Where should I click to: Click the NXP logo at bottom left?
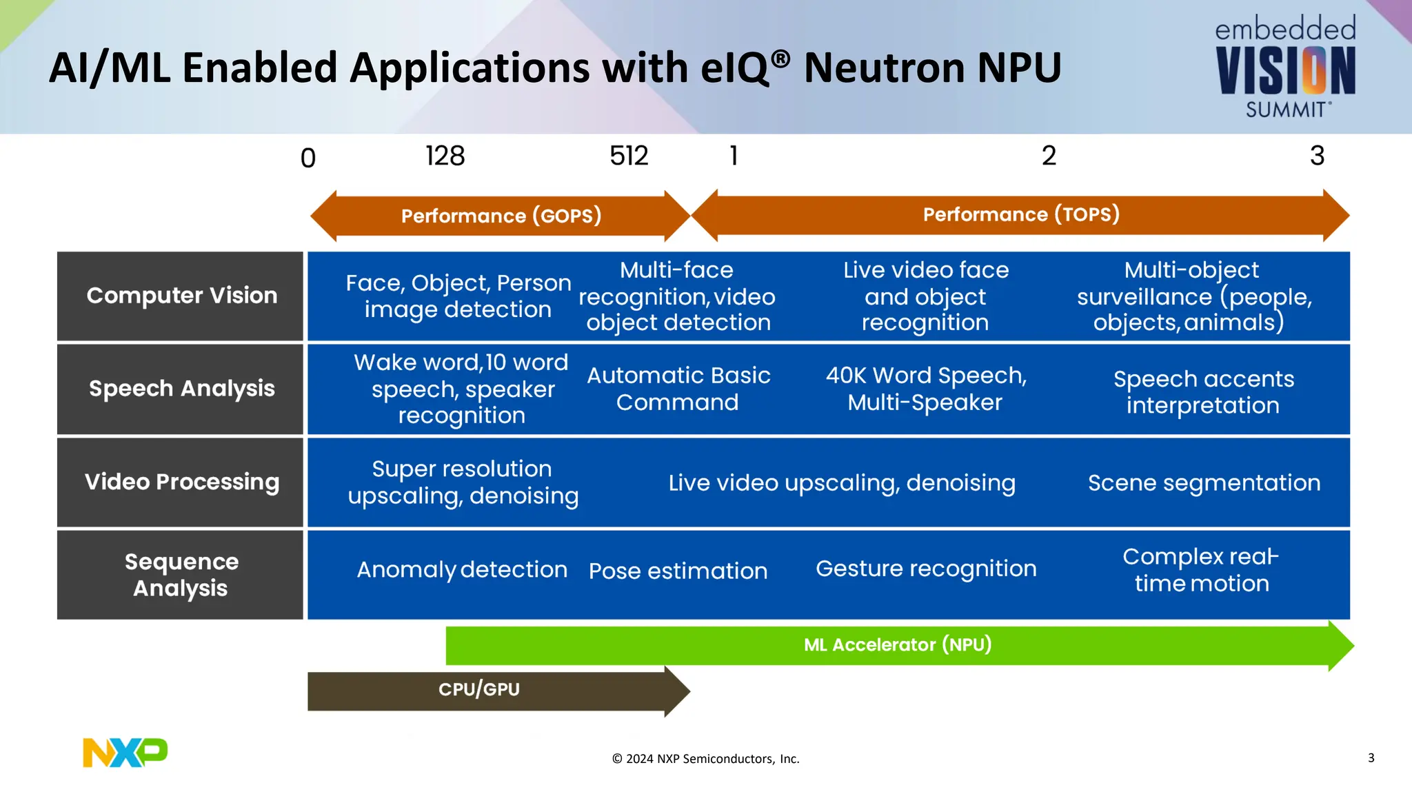coord(125,752)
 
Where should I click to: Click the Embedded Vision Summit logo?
coord(1285,68)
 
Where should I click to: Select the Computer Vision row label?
coord(181,296)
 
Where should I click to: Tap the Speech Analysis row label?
coord(181,389)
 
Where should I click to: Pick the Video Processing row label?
coord(181,482)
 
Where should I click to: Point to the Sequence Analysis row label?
coord(181,574)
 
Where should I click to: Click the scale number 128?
coord(445,156)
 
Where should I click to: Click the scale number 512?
coord(629,156)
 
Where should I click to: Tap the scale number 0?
coord(308,159)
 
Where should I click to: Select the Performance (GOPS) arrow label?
coord(501,216)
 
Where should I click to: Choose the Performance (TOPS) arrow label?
coord(1021,214)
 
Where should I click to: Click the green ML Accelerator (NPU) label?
coord(898,645)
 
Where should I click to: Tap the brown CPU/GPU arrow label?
coord(479,689)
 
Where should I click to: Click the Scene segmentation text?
coord(1204,482)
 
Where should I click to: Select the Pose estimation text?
coord(678,571)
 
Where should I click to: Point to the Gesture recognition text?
coord(926,569)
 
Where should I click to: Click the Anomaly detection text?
coord(462,570)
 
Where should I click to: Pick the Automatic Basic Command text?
coord(678,389)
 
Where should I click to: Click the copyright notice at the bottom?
coord(705,759)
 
